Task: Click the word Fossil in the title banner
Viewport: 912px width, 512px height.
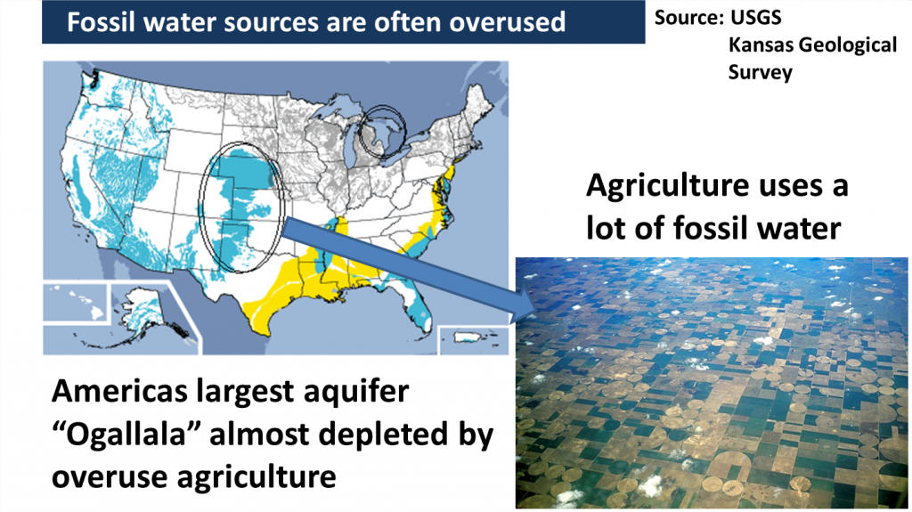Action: (x=100, y=22)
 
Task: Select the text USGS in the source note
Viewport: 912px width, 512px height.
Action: (x=755, y=18)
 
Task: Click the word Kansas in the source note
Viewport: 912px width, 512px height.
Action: (x=761, y=45)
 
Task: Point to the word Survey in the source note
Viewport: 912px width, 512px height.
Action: (x=761, y=72)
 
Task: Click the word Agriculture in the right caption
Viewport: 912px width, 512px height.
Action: (x=668, y=186)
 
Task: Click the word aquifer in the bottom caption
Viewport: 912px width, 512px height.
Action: (x=362, y=391)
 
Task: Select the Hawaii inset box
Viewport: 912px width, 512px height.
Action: (x=75, y=302)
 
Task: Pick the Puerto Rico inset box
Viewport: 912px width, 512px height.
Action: (x=474, y=340)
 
